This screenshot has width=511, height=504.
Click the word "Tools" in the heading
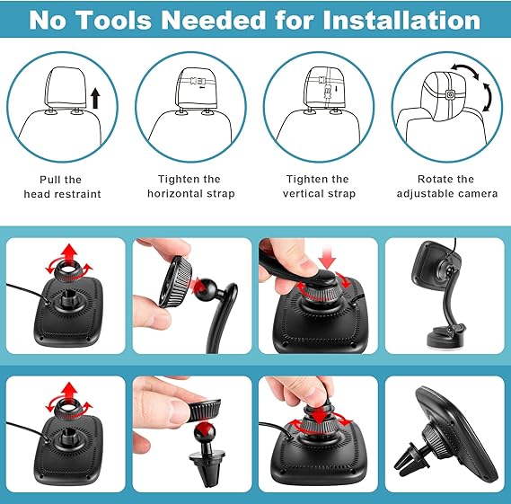click(115, 20)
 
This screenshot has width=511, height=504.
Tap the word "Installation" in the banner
click(401, 20)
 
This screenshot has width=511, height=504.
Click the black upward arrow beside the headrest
click(95, 98)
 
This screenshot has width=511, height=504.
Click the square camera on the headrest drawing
click(450, 95)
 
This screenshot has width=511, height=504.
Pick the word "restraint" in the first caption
click(82, 194)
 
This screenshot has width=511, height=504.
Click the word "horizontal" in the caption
click(175, 194)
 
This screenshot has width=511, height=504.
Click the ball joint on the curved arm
click(206, 287)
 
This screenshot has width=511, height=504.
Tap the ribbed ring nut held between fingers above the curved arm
click(175, 282)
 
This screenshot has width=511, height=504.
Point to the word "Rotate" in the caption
click(433, 180)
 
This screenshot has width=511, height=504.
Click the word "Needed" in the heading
click(214, 20)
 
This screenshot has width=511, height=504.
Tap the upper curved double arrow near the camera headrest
click(465, 69)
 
